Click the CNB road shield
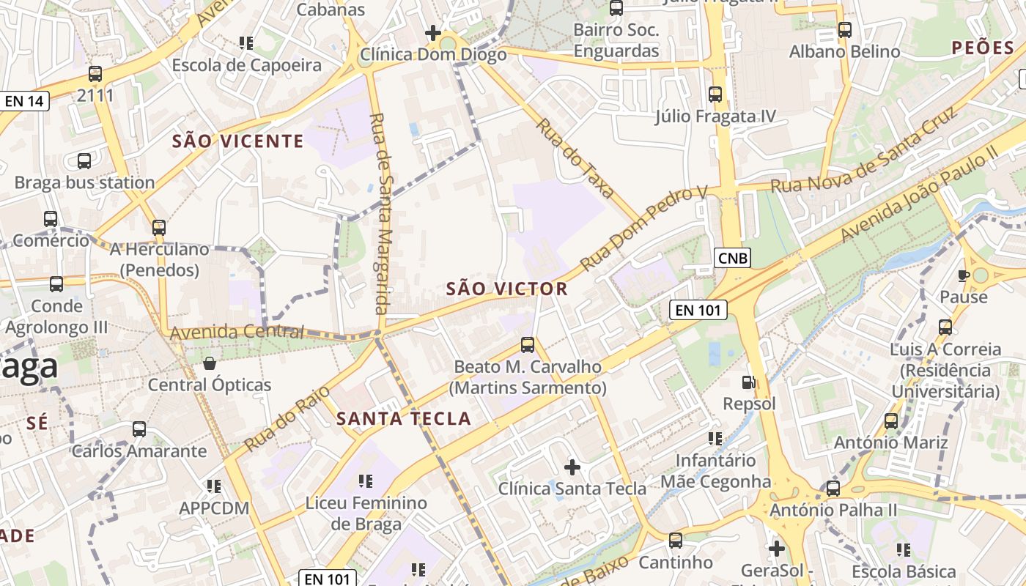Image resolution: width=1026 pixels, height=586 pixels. pos(733,258)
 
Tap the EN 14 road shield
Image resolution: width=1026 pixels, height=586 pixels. pos(24,101)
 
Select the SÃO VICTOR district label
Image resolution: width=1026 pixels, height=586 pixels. pos(507,289)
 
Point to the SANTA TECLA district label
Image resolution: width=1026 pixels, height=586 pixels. pos(403,419)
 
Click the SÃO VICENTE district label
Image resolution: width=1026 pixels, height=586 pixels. pos(237,141)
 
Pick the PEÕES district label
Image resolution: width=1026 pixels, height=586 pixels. pos(982,48)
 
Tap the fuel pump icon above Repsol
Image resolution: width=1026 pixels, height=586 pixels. pos(748,382)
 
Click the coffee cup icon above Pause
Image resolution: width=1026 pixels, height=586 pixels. pos(964,275)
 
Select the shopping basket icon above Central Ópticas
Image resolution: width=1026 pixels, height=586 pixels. pos(210,363)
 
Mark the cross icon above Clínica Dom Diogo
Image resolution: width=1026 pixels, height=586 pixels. pos(433,33)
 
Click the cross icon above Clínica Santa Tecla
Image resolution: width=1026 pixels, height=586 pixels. pos(572,467)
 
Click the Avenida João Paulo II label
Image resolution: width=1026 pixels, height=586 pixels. pos(920,193)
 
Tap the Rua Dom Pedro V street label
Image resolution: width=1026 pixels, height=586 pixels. pos(643,228)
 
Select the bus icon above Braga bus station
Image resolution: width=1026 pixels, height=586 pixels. pos(84,161)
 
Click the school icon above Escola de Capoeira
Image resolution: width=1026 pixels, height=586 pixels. pos(246,43)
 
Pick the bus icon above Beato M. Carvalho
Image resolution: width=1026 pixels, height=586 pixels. pos(527,344)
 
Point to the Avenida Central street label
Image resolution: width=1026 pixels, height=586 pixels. pos(236,333)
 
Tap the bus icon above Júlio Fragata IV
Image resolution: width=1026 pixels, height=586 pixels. pos(715,94)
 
